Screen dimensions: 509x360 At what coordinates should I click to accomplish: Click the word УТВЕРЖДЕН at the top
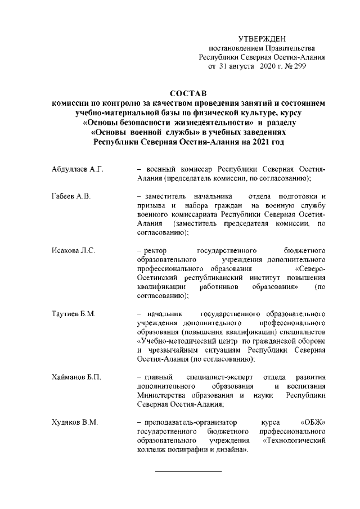pyautogui.click(x=263, y=39)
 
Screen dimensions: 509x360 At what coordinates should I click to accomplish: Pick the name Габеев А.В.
pyautogui.click(x=67, y=196)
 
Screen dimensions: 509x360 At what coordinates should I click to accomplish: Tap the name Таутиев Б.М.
pyautogui.click(x=70, y=313)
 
